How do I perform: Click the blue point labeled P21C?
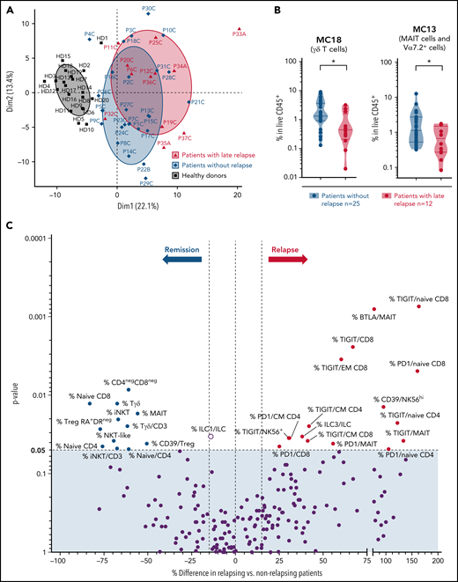(184, 102)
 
